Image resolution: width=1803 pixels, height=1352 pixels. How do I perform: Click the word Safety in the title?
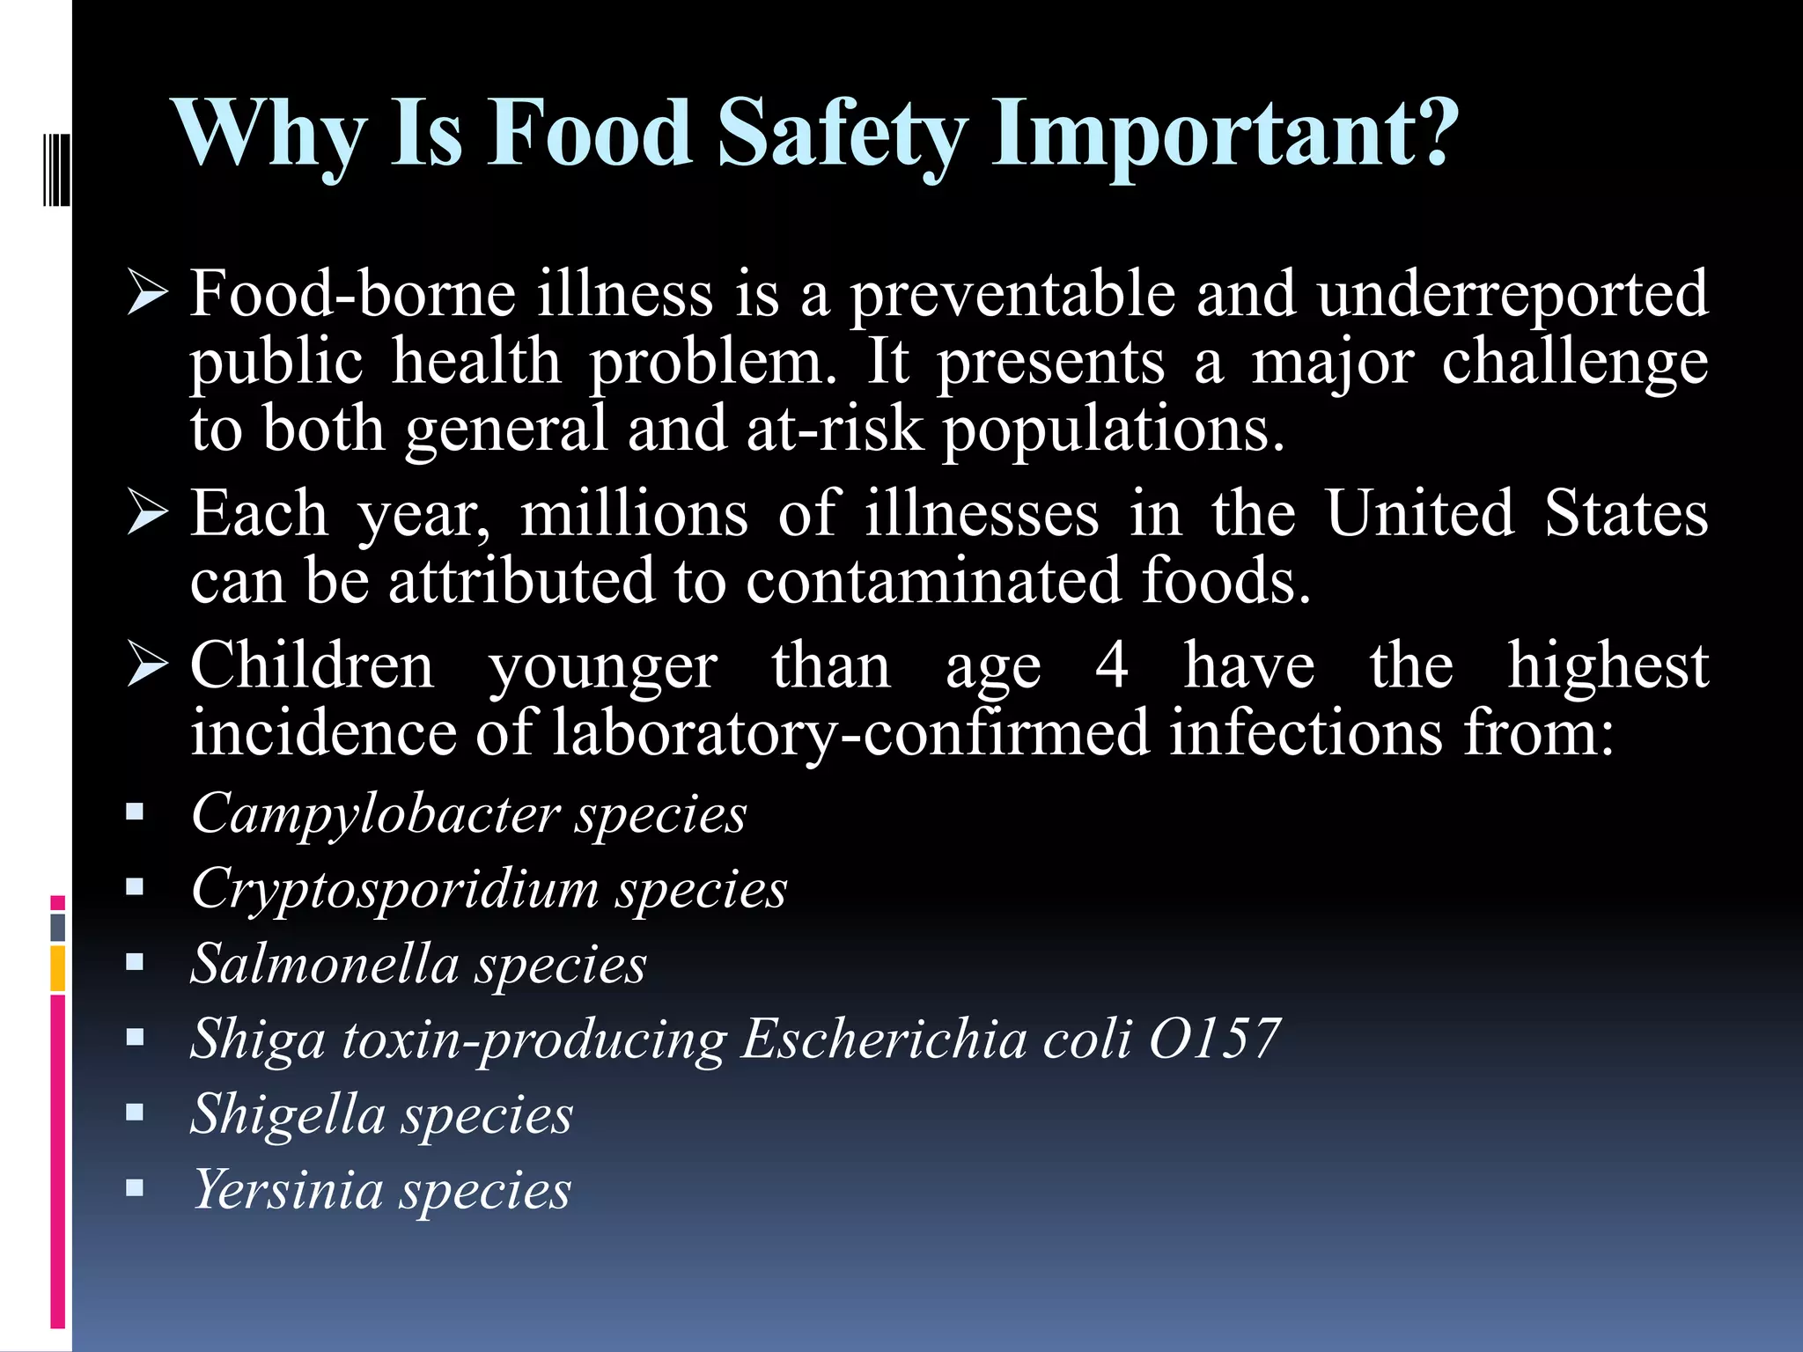(841, 134)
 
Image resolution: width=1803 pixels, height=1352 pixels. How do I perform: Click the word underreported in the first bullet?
(1512, 294)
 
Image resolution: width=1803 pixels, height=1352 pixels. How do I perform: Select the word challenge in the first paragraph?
(1574, 363)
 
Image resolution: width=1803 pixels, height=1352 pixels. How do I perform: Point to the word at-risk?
(835, 430)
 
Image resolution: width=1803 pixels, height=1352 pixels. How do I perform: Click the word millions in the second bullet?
(634, 514)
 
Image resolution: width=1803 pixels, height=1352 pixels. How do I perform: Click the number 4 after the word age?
(1111, 665)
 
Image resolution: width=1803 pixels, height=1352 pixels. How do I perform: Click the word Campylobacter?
(376, 813)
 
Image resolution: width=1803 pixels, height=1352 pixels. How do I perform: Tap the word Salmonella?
(325, 963)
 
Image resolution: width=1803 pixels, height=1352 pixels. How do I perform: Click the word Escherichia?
(884, 1039)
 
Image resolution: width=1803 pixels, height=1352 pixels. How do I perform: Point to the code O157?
(1214, 1039)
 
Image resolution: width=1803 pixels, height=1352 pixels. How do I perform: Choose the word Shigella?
(288, 1114)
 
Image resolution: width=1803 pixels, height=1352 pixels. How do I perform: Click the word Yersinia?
(287, 1190)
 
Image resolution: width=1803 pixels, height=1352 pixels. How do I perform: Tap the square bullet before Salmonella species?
(135, 962)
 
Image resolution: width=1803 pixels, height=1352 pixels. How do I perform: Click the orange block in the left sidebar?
(58, 968)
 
